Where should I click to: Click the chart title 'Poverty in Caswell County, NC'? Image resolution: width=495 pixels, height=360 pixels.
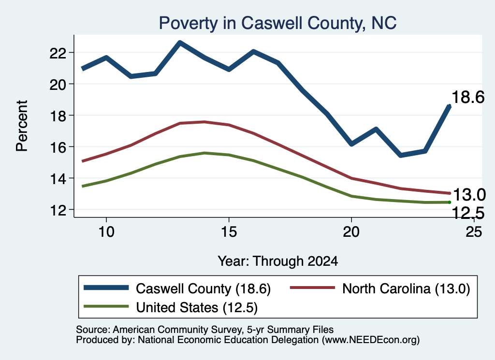277,23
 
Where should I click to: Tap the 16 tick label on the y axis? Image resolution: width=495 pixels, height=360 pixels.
58,147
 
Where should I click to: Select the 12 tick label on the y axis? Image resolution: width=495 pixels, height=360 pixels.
58,210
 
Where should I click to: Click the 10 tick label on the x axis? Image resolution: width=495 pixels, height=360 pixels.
106,232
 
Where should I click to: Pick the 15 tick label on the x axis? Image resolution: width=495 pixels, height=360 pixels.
229,232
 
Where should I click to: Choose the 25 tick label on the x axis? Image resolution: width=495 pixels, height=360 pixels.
474,232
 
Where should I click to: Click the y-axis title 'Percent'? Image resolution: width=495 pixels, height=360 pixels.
22,126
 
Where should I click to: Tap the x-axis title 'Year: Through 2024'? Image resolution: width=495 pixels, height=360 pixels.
278,261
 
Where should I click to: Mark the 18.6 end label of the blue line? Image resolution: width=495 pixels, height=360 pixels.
468,97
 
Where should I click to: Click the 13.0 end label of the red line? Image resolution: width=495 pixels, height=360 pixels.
469,195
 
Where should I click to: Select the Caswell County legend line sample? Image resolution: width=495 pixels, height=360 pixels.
106,288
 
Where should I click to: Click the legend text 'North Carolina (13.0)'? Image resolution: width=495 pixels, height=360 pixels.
406,288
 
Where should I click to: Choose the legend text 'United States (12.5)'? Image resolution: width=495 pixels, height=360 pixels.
197,308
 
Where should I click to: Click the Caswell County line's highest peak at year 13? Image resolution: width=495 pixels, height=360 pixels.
180,43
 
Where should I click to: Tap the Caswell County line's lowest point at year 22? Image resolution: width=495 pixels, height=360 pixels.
400,155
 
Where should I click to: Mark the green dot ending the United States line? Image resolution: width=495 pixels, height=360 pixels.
450,202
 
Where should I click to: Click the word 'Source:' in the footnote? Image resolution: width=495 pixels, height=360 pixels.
93,330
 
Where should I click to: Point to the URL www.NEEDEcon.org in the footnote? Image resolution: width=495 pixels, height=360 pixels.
371,340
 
